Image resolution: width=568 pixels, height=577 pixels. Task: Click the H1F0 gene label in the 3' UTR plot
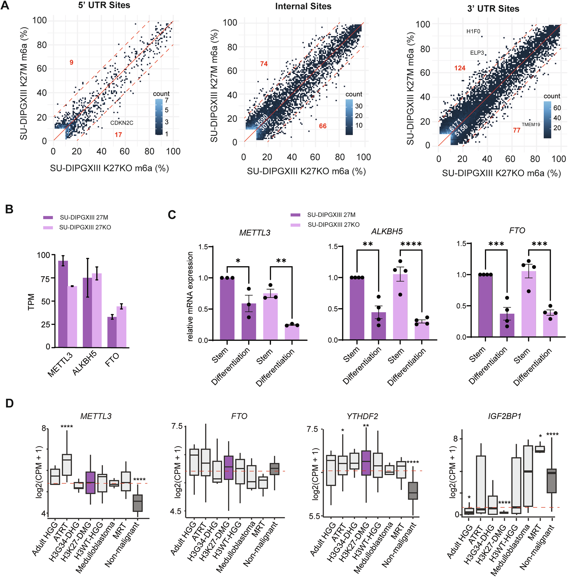pos(473,31)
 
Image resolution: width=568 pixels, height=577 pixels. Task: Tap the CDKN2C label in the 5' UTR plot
pos(122,123)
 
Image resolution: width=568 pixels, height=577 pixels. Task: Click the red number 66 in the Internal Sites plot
pos(322,126)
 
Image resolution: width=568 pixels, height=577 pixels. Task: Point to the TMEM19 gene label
pos(531,125)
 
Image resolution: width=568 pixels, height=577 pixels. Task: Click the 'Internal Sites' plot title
pos(303,6)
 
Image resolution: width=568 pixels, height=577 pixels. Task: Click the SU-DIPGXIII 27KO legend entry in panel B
pos(85,227)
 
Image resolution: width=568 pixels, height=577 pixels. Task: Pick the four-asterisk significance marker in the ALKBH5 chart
pos(411,244)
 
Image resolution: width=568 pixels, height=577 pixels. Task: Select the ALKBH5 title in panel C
pos(387,231)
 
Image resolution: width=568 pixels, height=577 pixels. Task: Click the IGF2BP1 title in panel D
pos(504,416)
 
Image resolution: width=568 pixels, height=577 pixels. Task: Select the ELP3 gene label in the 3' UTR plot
pos(477,53)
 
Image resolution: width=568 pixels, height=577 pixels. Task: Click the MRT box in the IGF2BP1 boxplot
pos(540,449)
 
